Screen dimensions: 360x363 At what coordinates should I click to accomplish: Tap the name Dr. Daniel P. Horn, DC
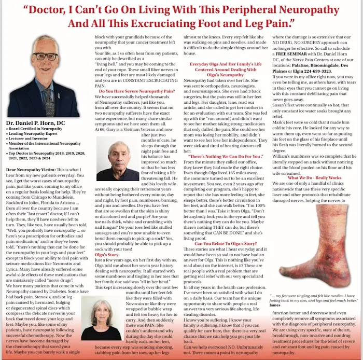point(36,123)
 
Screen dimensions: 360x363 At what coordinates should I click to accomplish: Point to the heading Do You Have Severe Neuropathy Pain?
point(136,91)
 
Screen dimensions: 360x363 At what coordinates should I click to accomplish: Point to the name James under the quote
point(275,305)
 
